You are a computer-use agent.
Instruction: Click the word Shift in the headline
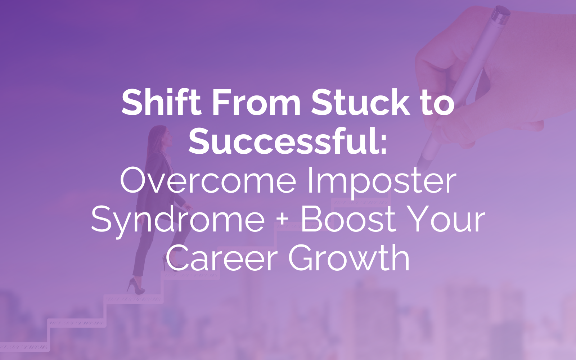161,102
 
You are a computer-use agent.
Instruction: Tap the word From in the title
256,102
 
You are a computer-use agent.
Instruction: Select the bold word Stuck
360,102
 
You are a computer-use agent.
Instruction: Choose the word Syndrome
178,221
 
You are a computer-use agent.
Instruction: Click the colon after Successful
384,146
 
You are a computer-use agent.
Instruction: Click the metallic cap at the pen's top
500,14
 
